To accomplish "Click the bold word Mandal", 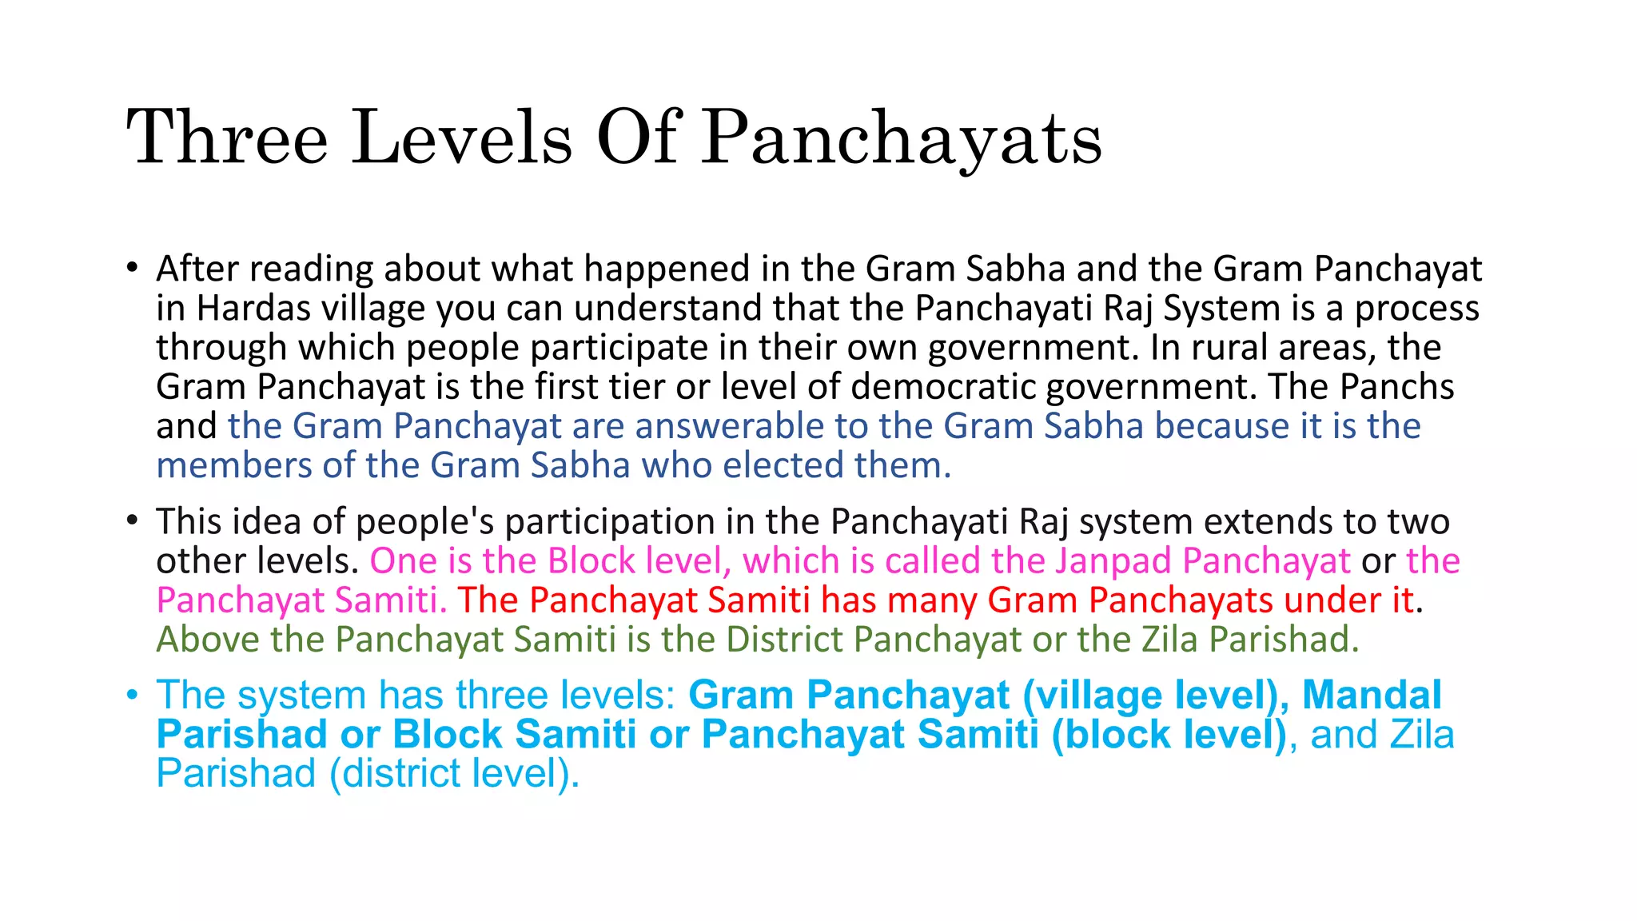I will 1372,695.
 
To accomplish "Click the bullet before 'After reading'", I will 133,269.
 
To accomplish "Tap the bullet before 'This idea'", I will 133,522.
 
